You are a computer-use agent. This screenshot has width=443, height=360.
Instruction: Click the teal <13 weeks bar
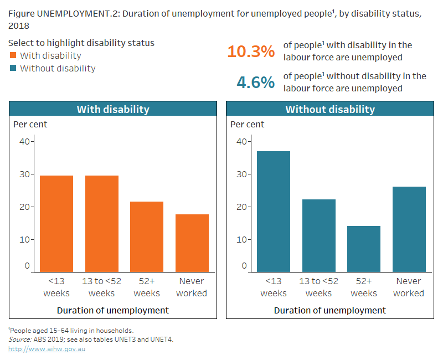[x=274, y=211]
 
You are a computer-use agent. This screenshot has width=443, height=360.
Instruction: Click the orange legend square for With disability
[x=13, y=55]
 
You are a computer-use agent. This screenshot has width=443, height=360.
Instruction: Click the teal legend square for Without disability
[x=13, y=69]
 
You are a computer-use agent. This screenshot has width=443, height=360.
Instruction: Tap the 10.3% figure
[x=251, y=52]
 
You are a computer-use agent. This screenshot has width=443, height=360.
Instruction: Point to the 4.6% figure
[x=255, y=83]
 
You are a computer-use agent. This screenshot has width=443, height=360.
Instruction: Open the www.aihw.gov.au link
[x=47, y=349]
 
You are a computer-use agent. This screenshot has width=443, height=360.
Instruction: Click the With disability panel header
[x=113, y=109]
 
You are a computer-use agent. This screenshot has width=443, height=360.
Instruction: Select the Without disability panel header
[x=330, y=109]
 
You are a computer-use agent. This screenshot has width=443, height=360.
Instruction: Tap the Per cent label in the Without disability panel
[x=247, y=124]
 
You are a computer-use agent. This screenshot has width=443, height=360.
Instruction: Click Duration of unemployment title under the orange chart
[x=113, y=310]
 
